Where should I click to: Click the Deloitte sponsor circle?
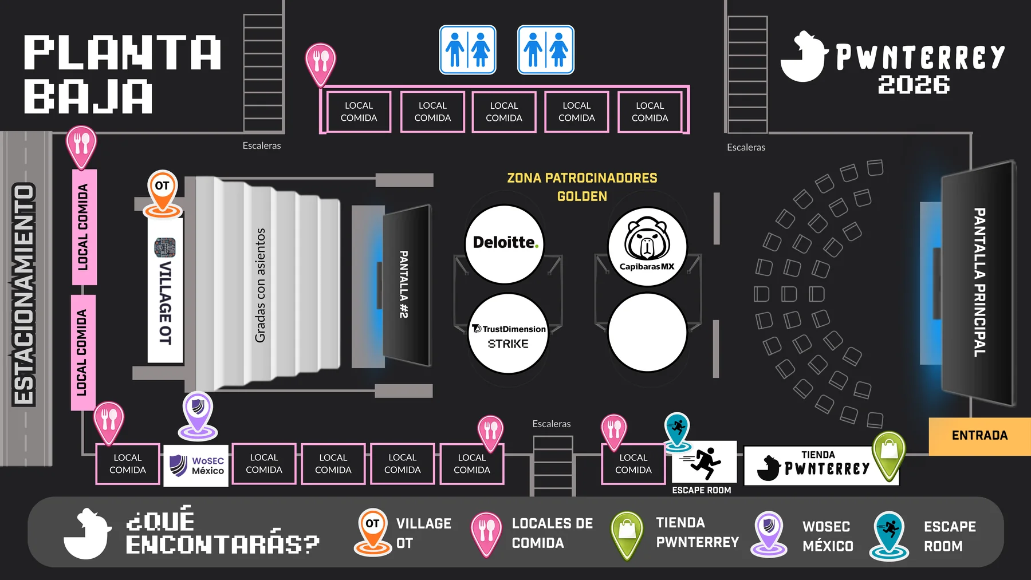click(505, 244)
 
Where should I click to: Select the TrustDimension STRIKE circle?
click(508, 334)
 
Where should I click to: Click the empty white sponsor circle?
click(647, 332)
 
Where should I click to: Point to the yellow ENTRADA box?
click(979, 436)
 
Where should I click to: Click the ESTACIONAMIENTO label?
click(24, 294)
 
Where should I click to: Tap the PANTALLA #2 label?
click(404, 284)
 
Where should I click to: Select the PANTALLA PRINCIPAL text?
click(980, 282)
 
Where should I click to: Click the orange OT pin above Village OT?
click(163, 193)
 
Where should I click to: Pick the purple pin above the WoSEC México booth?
click(198, 415)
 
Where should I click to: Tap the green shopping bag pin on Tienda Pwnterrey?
click(888, 455)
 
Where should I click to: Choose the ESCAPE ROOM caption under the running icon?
click(702, 490)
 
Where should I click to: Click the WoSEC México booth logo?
click(196, 465)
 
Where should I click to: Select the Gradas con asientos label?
click(260, 285)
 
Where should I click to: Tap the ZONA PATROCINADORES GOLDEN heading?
click(582, 187)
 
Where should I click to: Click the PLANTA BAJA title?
click(122, 74)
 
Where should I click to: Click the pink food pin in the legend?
click(486, 534)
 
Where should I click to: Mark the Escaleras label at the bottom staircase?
click(552, 424)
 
